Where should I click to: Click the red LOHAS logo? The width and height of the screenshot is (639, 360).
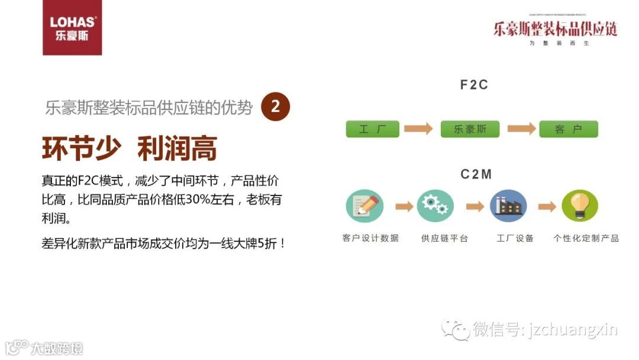pos(72,28)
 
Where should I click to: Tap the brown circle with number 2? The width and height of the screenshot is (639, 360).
pos(275,107)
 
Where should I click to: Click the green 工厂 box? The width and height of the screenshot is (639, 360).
pos(372,129)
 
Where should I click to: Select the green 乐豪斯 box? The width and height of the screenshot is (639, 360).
pos(470,129)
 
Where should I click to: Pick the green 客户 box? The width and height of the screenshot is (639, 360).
pos(568,129)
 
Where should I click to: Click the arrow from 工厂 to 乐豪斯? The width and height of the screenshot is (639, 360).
pos(419,129)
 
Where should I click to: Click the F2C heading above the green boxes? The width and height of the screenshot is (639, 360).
pos(474,85)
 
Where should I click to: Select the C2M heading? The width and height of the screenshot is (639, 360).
pos(476,174)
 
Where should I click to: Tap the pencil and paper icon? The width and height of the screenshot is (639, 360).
pos(364,206)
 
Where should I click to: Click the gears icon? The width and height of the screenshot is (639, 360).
pos(435,206)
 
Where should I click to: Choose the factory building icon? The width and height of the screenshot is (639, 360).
pos(508,206)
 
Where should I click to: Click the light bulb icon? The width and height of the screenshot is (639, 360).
pos(580,206)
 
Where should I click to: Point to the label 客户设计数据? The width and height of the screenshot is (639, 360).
pos(370,238)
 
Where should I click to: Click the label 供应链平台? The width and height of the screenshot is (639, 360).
pos(444,238)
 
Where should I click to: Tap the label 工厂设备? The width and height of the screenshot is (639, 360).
pos(515,238)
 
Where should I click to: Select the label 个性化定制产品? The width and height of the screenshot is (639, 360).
pos(586,238)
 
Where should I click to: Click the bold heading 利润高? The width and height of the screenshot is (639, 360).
pos(177,149)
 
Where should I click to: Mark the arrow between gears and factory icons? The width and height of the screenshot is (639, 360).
pos(475,206)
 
